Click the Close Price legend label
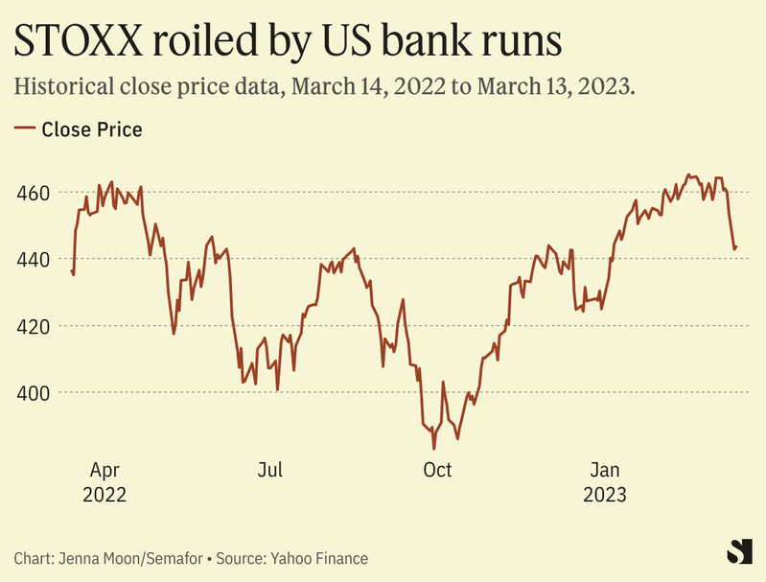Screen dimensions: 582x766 [x=92, y=129]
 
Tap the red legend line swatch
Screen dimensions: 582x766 [x=26, y=128]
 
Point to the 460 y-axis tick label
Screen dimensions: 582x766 [x=33, y=193]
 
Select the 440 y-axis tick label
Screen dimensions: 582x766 [x=33, y=260]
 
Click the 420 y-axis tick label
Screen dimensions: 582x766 [x=33, y=326]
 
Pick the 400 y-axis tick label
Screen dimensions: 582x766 [x=33, y=393]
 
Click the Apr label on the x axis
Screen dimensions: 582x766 [x=104, y=470]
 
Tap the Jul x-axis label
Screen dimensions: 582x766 [x=270, y=470]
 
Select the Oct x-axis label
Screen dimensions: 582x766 [x=437, y=470]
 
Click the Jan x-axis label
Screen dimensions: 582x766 [x=606, y=470]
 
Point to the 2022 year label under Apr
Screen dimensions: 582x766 [x=104, y=495]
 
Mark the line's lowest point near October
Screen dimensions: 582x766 [x=433, y=448]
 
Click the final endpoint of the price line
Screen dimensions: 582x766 [x=736, y=246]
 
